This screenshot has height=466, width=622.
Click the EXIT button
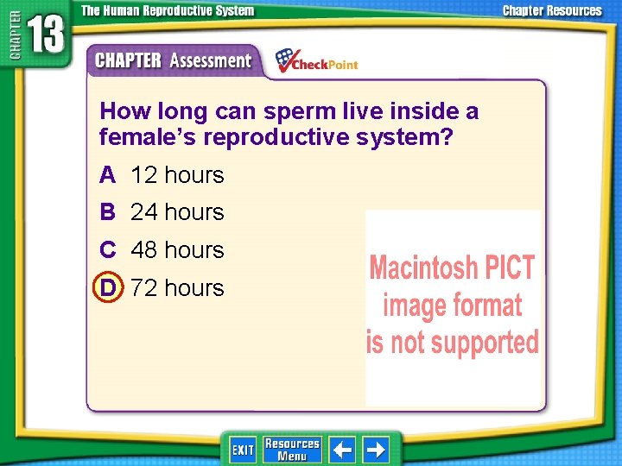click(243, 450)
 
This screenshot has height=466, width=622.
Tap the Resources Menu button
click(292, 450)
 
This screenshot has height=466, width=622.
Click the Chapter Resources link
click(553, 11)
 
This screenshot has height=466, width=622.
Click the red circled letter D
click(108, 287)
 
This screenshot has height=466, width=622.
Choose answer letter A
click(108, 175)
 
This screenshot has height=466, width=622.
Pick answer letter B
click(108, 212)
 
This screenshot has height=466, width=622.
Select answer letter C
click(108, 250)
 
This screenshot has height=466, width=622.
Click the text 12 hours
click(177, 175)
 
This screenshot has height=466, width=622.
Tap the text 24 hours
click(177, 212)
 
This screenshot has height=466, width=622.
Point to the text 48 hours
click(177, 250)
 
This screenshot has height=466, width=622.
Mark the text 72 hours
click(177, 287)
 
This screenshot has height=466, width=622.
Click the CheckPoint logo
click(316, 61)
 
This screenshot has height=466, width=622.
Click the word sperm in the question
click(305, 112)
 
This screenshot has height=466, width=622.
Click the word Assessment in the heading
click(210, 61)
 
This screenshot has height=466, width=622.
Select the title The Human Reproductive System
click(168, 11)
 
